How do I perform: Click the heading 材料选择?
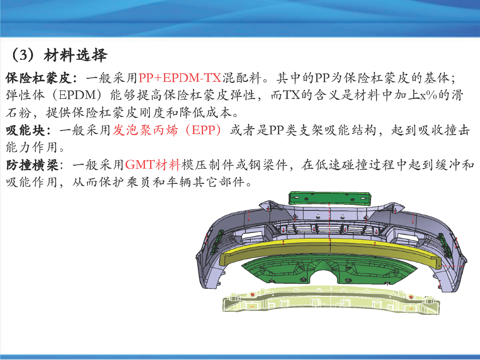(75, 55)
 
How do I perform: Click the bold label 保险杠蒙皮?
(39, 78)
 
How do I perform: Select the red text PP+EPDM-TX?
(180, 78)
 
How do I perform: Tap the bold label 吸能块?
(26, 131)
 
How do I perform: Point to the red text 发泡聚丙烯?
(145, 131)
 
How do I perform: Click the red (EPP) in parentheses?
(203, 131)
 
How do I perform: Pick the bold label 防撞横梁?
(32, 165)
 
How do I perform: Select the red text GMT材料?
(152, 165)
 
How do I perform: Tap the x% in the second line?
(428, 95)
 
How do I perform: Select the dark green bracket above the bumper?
(330, 198)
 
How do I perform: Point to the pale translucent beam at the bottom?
(331, 300)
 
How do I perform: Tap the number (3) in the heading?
(23, 55)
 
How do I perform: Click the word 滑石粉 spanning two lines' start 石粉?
(19, 113)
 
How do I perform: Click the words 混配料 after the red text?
(242, 78)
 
